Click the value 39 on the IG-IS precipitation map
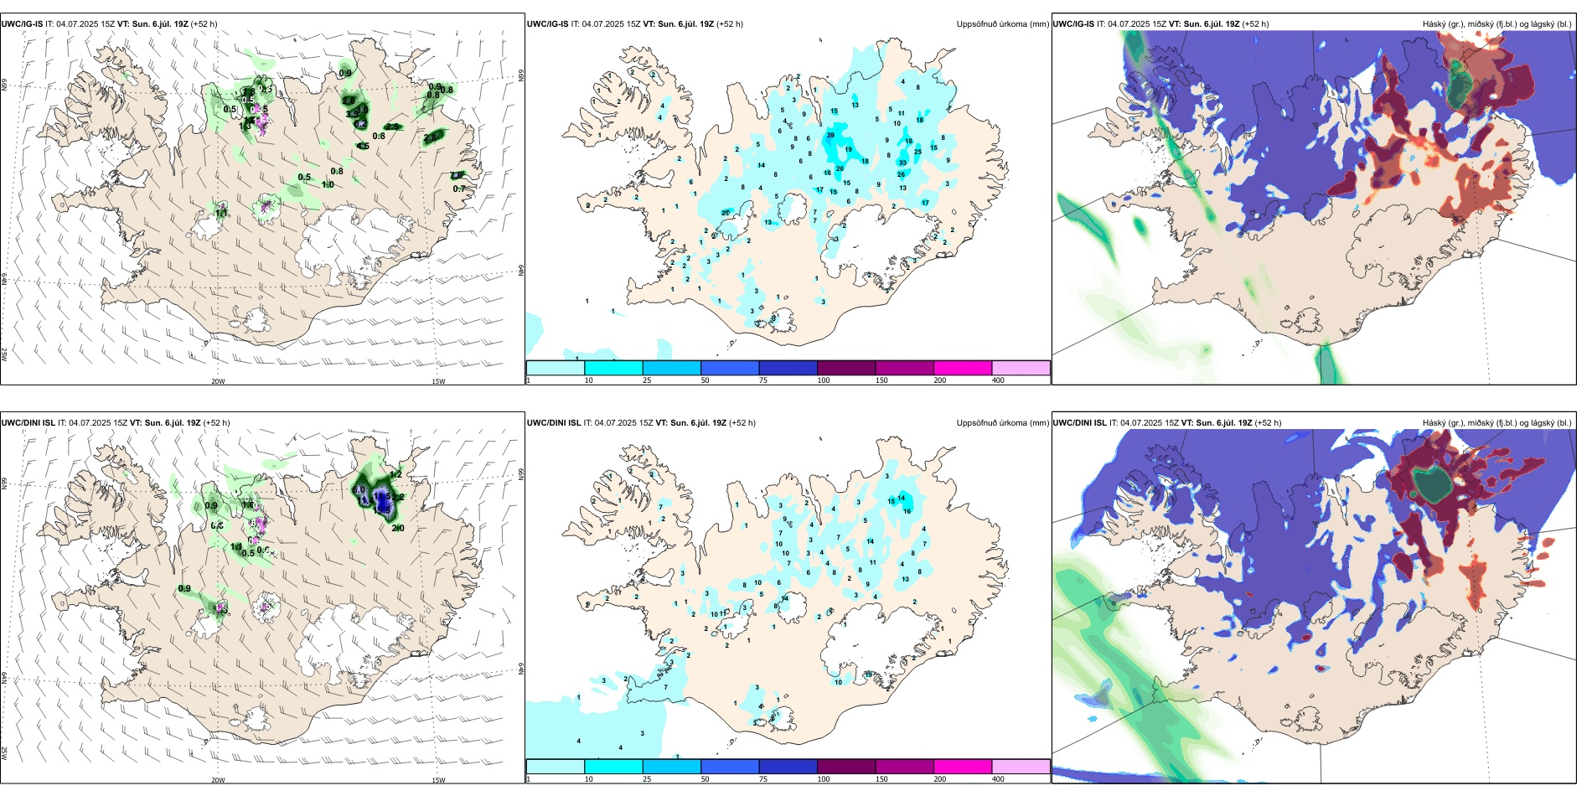(830, 135)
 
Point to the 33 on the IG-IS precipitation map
(902, 163)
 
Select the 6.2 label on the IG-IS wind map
(360, 124)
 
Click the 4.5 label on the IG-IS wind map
(363, 146)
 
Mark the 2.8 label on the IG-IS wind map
(432, 137)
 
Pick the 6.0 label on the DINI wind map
(359, 489)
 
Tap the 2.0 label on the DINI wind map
(398, 528)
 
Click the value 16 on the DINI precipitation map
(907, 511)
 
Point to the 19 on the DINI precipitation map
(869, 675)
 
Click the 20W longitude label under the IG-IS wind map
(218, 381)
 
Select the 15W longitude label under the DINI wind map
(438, 780)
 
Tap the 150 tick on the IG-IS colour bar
(881, 380)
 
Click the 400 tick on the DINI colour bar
(998, 779)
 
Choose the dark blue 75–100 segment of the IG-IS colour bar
(788, 368)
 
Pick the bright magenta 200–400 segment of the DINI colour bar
(963, 767)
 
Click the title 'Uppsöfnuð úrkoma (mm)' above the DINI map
(1002, 423)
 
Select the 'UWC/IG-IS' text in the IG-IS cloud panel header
(1073, 24)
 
